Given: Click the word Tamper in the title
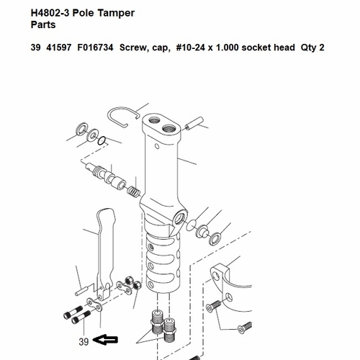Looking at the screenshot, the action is [116, 14].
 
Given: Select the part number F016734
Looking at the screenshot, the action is [95, 48].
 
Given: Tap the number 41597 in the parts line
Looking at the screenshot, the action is [59, 48].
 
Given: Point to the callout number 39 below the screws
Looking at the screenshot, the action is [84, 342].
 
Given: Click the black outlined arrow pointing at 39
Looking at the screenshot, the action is [105, 340].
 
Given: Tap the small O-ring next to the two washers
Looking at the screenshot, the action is [102, 141].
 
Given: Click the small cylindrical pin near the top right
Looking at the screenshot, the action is [194, 123].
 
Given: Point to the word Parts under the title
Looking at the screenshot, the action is [43, 25].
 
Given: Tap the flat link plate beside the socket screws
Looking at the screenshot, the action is [94, 305].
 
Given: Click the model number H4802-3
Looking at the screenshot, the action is [50, 14].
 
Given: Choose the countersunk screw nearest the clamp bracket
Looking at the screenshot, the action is [213, 306].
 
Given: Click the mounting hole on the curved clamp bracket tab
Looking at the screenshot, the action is [216, 276].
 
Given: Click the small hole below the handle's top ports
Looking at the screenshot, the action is [157, 146].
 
